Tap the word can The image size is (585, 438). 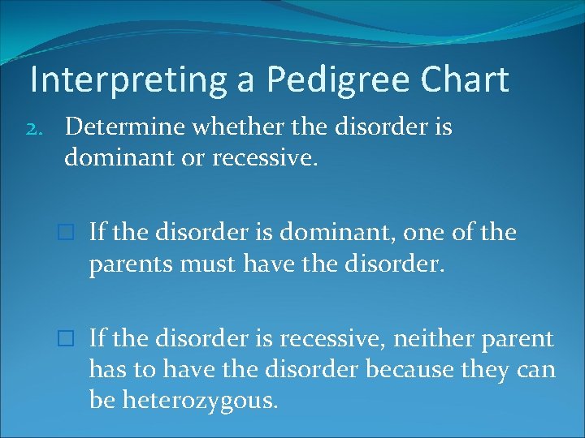click(537, 369)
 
